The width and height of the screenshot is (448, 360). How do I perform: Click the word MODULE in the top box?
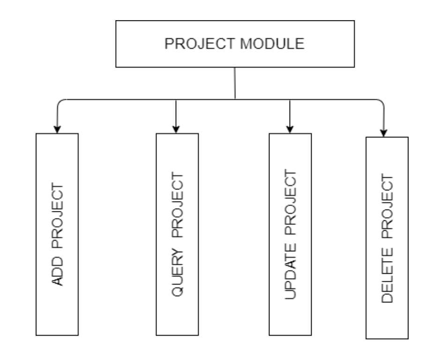pos(272,44)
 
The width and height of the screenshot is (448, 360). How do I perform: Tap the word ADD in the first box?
pos(58,271)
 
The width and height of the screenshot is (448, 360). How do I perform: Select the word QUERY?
pos(178,272)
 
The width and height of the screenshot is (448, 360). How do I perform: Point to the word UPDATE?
pos(291,271)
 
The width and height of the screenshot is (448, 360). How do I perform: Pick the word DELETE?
pos(388,275)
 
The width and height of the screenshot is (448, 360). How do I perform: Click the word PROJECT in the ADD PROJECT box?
pos(58,216)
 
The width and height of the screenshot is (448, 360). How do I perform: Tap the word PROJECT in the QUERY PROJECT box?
pos(178,205)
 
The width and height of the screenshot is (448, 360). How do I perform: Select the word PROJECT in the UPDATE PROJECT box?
pos(291,202)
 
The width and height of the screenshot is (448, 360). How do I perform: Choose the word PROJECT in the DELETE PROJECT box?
pos(388,206)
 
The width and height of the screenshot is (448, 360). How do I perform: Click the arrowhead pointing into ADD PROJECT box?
pos(57,129)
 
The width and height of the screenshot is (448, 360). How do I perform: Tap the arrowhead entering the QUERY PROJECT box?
pos(176,129)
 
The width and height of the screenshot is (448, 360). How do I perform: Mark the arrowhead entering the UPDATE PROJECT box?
pos(290,129)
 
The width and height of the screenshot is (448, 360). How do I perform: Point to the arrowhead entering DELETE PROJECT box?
pos(384,133)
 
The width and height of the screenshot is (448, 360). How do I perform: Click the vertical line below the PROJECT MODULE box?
pos(235,83)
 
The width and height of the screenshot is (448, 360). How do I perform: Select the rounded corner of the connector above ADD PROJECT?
pos(60,102)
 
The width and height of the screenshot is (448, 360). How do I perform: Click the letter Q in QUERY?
pos(178,291)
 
